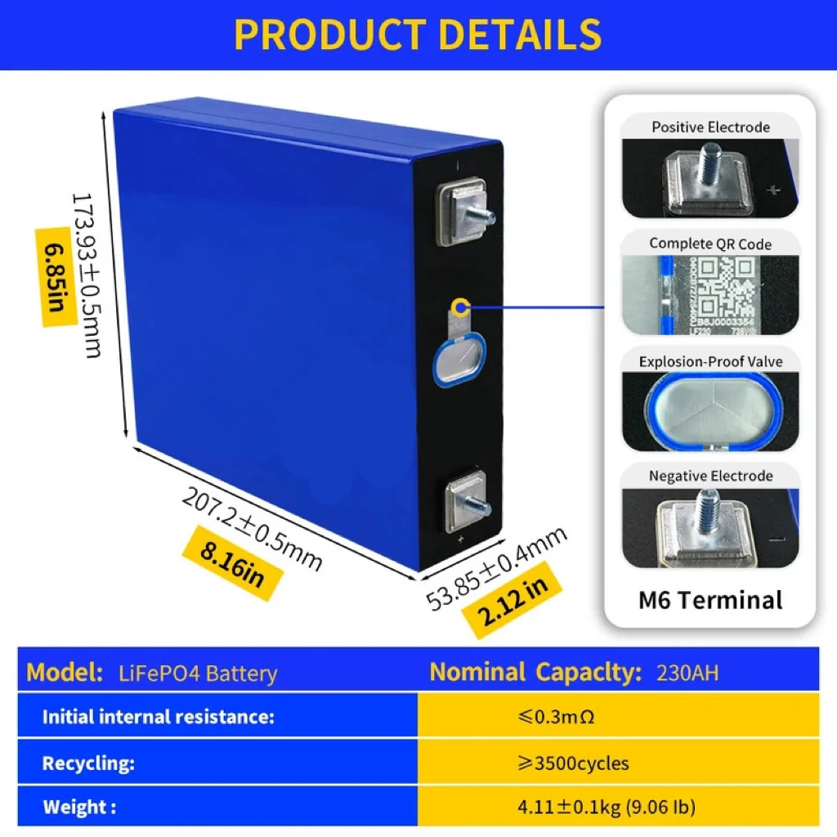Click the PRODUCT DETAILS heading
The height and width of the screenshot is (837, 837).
tap(418, 34)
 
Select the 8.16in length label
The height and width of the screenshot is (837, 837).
tap(232, 563)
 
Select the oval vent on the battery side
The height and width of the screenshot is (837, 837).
tap(458, 360)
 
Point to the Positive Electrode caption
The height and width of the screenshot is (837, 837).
tap(710, 127)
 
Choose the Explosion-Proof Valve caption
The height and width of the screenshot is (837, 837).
tap(710, 361)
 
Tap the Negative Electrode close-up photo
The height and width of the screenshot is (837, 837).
tap(710, 528)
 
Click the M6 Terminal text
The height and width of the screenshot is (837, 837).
tap(710, 600)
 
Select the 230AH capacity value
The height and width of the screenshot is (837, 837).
tap(688, 674)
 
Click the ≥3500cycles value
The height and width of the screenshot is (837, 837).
tap(573, 763)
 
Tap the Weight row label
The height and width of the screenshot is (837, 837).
tap(78, 808)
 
